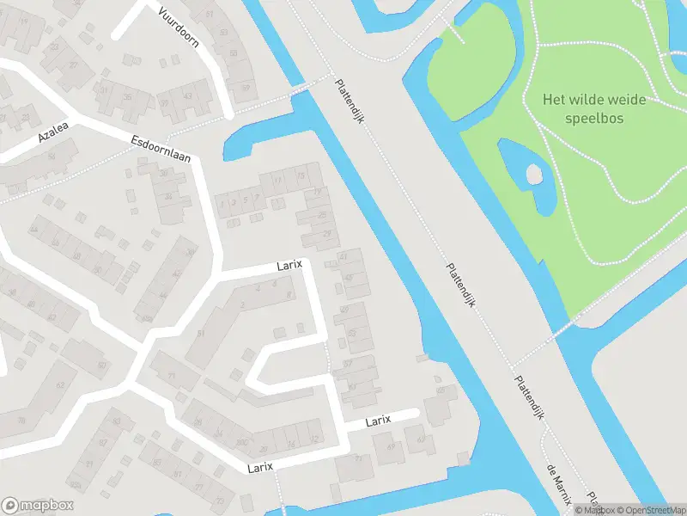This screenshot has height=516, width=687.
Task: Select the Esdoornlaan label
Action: click(x=161, y=151)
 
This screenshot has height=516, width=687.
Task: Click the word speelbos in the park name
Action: click(x=583, y=119)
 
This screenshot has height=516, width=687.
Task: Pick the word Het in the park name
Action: click(x=553, y=100)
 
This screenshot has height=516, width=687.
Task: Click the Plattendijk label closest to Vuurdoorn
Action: click(x=350, y=95)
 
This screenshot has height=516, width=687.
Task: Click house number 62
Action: click(x=61, y=384)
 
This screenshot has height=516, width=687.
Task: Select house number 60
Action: click(x=102, y=366)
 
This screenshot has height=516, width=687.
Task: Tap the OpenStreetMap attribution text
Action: click(x=650, y=510)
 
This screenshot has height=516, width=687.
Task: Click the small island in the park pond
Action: click(x=533, y=175)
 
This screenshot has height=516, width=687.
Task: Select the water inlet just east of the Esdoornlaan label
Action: click(x=258, y=138)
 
